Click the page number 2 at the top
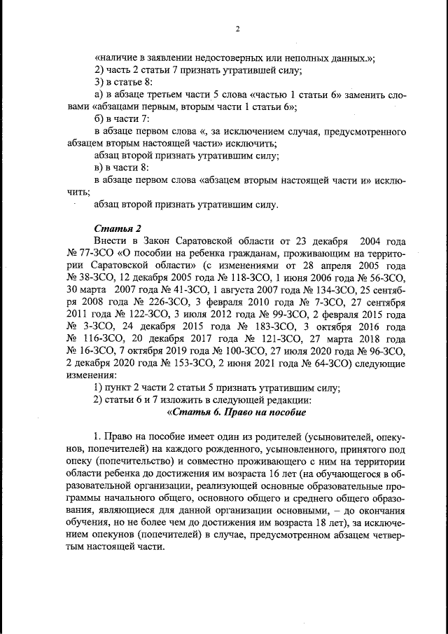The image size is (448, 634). [237, 29]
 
